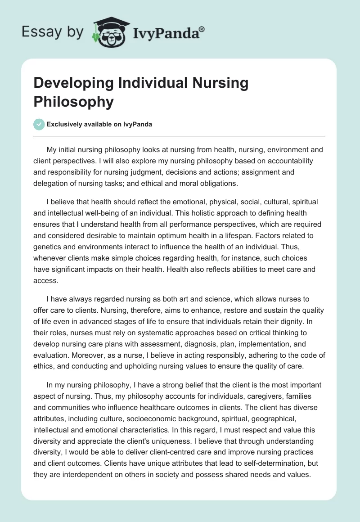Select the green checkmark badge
pyautogui.click(x=39, y=125)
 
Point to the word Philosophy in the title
pyautogui.click(x=73, y=102)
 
